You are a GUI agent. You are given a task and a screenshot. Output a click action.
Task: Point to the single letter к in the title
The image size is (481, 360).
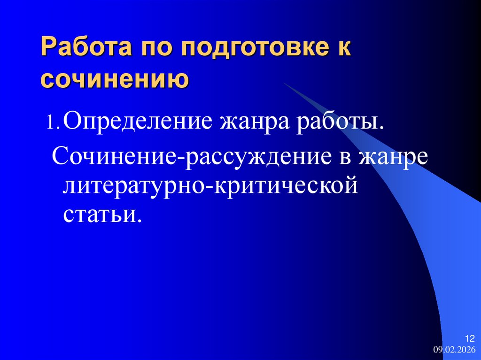point(345,49)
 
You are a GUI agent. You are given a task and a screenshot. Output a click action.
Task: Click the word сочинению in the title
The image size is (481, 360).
point(115,79)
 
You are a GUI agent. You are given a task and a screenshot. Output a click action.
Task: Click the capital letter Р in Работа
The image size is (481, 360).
point(48,49)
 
